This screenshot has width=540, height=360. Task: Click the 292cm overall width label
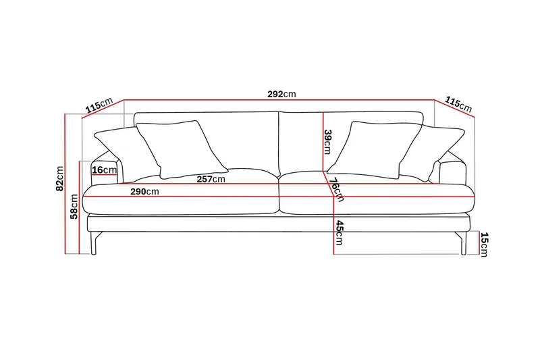(x=281, y=94)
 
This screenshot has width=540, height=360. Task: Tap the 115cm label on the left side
(x=98, y=106)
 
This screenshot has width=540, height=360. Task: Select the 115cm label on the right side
(x=458, y=103)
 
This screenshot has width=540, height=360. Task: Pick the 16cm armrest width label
(x=104, y=170)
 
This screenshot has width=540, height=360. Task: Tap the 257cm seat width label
(x=211, y=179)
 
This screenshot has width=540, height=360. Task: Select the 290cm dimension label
(x=144, y=192)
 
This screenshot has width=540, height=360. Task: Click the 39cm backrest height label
(x=328, y=142)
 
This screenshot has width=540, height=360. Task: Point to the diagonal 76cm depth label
(x=335, y=189)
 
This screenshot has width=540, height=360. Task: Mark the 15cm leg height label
(x=484, y=244)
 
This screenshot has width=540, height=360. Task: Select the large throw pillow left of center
(x=181, y=148)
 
